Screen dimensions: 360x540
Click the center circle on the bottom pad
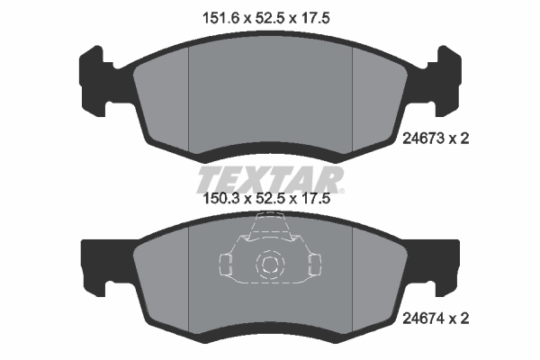pos(269,264)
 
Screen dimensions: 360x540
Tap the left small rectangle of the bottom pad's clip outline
pos(226,264)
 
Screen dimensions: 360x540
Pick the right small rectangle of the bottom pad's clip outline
pos(314,264)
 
